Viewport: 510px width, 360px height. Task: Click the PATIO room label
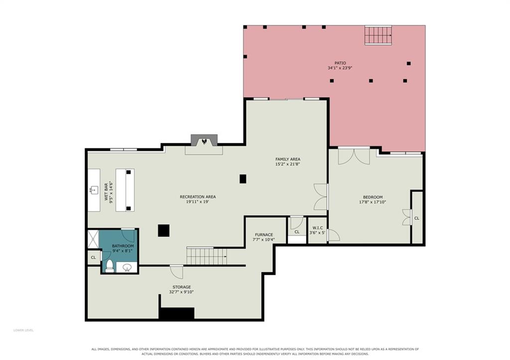340,63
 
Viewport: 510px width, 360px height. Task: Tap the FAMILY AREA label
288,159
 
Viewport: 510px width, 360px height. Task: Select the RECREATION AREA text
198,197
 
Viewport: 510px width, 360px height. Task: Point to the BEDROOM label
373,197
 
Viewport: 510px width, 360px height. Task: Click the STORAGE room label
181,287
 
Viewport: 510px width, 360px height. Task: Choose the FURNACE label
264,235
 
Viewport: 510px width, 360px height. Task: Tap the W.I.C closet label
317,228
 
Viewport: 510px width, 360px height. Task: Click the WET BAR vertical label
106,192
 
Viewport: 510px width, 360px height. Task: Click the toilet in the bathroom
109,266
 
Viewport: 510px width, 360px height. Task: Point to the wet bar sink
94,190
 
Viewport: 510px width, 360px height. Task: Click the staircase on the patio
378,35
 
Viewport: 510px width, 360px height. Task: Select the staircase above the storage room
207,256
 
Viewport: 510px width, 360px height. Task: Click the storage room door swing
177,272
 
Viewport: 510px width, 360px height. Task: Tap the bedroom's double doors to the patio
354,156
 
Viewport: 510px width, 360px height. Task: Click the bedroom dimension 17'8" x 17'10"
373,202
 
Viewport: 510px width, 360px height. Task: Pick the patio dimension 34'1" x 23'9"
340,68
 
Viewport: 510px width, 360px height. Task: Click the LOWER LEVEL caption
23,331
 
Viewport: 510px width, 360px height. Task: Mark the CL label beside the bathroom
93,257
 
